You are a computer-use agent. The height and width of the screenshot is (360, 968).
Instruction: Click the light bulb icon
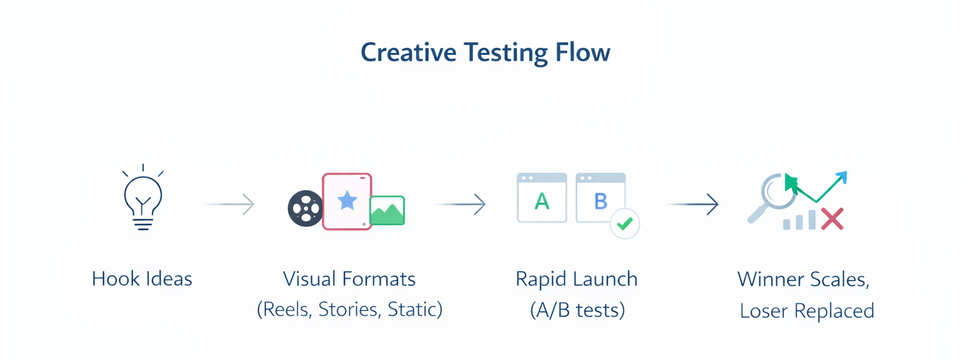click(x=143, y=198)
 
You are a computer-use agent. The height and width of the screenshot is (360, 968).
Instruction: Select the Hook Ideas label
click(x=142, y=279)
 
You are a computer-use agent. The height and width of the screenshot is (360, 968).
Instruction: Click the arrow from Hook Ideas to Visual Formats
click(x=229, y=204)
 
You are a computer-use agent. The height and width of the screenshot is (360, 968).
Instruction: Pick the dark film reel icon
click(x=306, y=207)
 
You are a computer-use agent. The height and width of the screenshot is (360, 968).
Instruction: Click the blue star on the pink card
click(x=347, y=200)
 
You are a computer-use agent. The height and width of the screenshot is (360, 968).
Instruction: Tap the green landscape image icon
click(x=387, y=211)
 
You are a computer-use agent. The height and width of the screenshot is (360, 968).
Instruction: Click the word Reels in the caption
click(x=285, y=310)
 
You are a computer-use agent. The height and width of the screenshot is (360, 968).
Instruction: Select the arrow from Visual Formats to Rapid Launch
click(x=459, y=204)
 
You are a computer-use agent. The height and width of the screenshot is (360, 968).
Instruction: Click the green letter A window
click(x=542, y=198)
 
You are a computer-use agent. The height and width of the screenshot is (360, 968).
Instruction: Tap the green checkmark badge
click(x=625, y=224)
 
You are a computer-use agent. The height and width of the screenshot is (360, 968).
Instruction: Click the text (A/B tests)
click(x=577, y=310)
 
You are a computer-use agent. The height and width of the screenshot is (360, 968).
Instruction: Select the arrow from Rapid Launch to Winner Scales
click(x=693, y=204)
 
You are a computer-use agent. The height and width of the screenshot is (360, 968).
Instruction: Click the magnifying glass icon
click(x=774, y=196)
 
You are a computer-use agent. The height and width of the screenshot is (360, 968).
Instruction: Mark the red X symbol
click(x=832, y=219)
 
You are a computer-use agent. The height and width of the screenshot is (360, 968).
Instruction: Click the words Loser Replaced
click(x=807, y=311)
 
